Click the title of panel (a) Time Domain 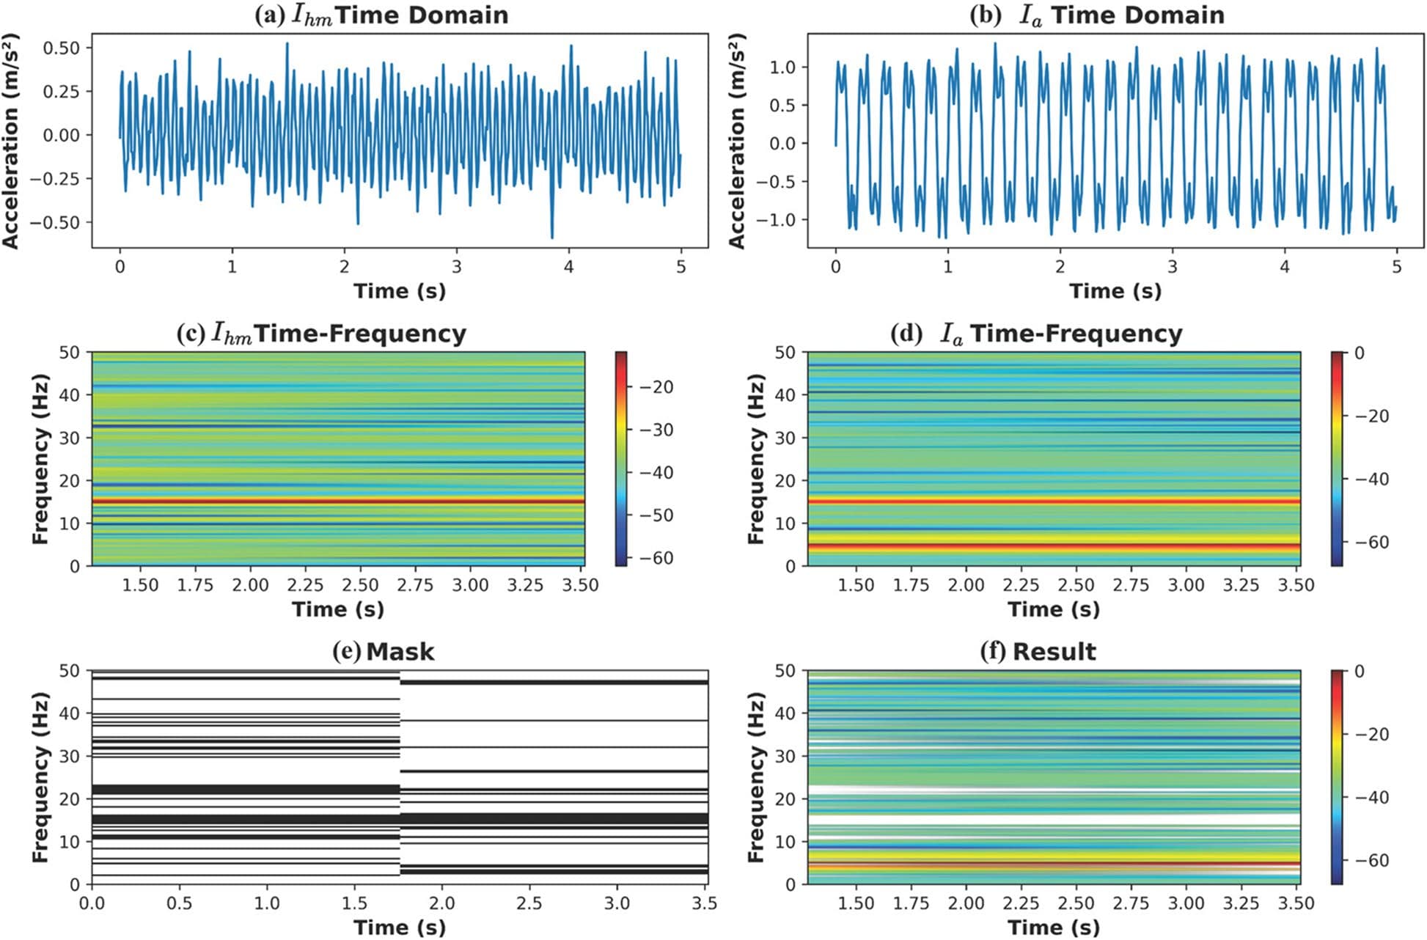coord(381,15)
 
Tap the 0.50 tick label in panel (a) coord(66,48)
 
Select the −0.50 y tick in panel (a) coord(61,222)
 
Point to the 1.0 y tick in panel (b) coord(786,67)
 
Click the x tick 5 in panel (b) coord(1396,267)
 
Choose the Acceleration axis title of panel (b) coord(736,141)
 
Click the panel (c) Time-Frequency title coord(321,334)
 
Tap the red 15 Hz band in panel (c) coord(337,502)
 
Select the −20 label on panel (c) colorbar coord(656,387)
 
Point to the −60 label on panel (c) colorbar coord(656,558)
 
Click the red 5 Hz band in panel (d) coord(1054,546)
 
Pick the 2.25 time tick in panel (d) coord(1021,585)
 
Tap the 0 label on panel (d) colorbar coord(1359,353)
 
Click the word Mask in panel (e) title coord(400,652)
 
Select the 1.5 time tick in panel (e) coord(354,903)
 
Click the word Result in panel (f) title coord(1054,652)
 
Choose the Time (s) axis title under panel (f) coord(1054,928)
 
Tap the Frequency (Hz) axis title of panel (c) coord(40,460)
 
